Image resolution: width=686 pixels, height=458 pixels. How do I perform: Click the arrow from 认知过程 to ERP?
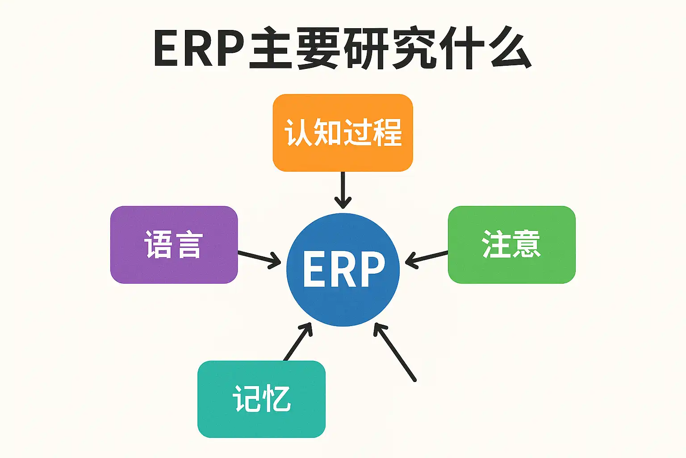(343, 190)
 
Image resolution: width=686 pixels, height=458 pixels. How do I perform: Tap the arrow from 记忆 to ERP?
(298, 342)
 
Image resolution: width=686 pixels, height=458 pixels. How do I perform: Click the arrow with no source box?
(395, 352)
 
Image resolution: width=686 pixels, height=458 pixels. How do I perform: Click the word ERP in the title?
(199, 48)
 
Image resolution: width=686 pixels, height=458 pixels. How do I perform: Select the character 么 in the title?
(510, 48)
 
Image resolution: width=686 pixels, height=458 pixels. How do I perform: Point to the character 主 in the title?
(271, 48)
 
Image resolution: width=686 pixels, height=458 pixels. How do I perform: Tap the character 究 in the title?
(414, 48)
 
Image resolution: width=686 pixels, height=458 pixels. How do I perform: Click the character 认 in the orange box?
(298, 132)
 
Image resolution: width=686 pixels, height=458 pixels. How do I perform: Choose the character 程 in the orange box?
(387, 132)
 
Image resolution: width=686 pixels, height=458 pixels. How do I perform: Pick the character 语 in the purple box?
(158, 245)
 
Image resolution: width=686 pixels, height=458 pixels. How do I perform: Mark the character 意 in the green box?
(527, 244)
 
